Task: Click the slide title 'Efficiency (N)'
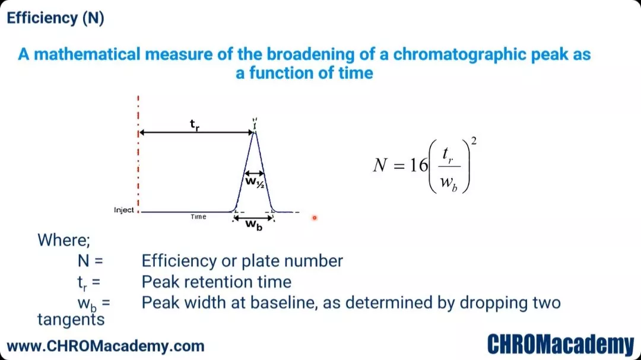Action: pyautogui.click(x=56, y=18)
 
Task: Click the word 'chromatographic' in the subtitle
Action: pyautogui.click(x=460, y=55)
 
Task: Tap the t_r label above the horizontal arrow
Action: pyautogui.click(x=195, y=124)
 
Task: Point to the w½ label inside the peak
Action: pyautogui.click(x=255, y=182)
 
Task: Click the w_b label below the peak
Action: pyautogui.click(x=254, y=225)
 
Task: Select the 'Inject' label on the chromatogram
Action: pyautogui.click(x=124, y=210)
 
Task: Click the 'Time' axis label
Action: pyautogui.click(x=198, y=216)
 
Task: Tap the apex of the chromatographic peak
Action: pyautogui.click(x=254, y=132)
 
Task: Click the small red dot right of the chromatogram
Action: pyautogui.click(x=315, y=218)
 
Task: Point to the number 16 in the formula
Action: pyautogui.click(x=418, y=165)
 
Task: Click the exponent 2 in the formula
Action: pyautogui.click(x=474, y=141)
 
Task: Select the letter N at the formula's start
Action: pyautogui.click(x=380, y=165)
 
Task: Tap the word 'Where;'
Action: pyautogui.click(x=64, y=240)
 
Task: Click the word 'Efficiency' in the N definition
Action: pyautogui.click(x=179, y=261)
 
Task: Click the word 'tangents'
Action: pyautogui.click(x=71, y=320)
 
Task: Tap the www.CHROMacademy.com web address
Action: pyautogui.click(x=106, y=346)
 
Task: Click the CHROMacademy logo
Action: pyautogui.click(x=560, y=344)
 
